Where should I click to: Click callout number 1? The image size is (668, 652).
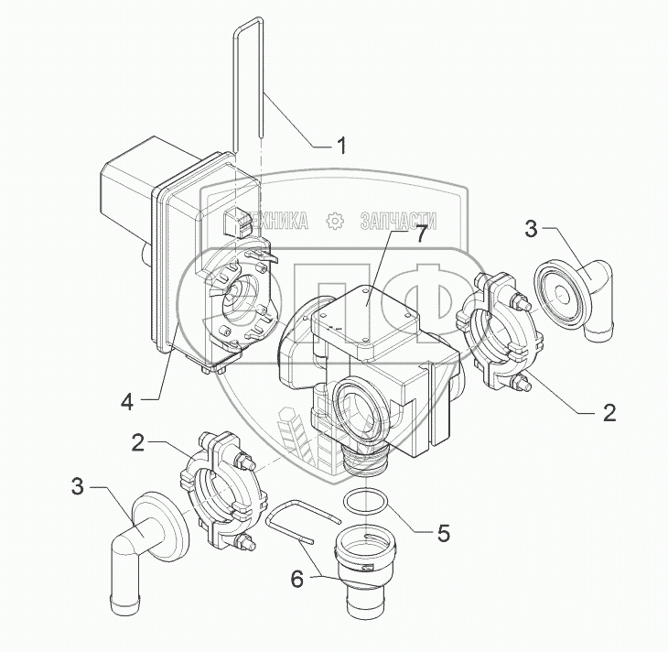tap(341, 146)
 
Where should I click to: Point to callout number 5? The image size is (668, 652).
tap(443, 531)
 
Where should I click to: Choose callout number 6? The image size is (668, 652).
tap(297, 579)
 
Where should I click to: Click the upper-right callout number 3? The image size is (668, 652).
tap(531, 229)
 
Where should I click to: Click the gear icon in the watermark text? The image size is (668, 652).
tap(335, 220)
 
